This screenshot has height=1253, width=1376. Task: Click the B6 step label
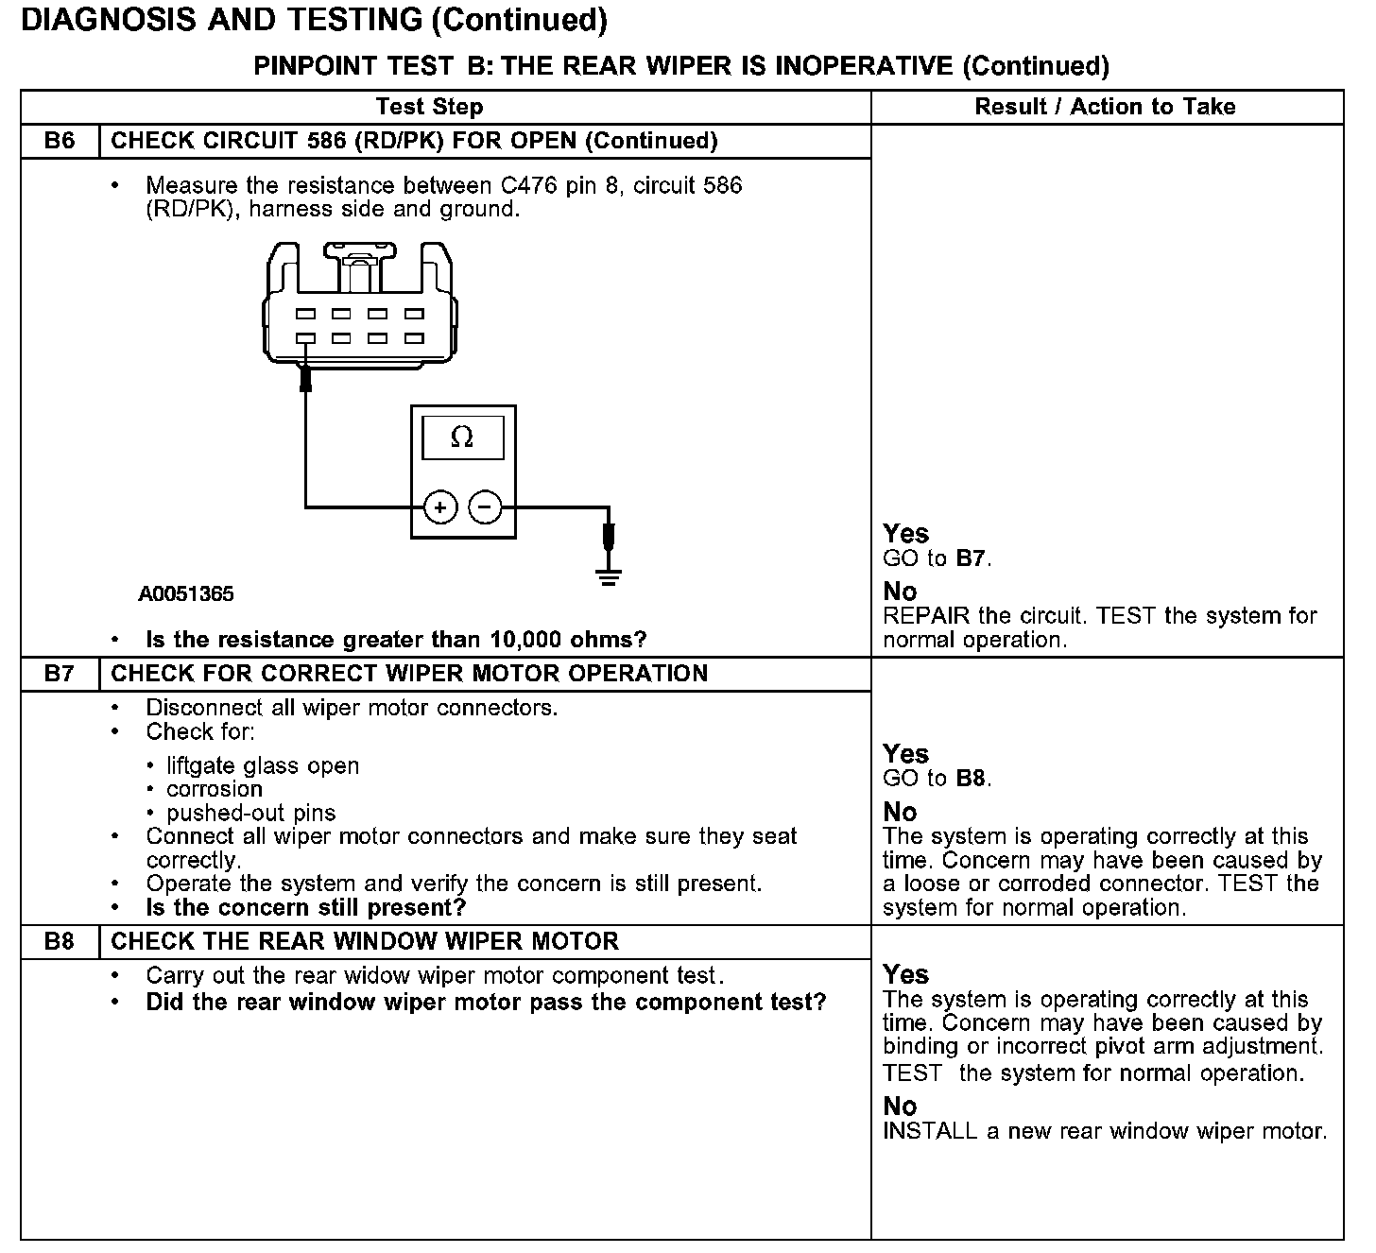click(x=60, y=141)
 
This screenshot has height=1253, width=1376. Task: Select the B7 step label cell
click(x=60, y=674)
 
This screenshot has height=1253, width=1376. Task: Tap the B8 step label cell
click(x=60, y=941)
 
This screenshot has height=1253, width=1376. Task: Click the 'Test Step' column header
click(x=429, y=107)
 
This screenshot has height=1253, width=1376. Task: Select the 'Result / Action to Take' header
click(x=1105, y=107)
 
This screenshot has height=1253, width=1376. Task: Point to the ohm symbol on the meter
click(x=462, y=437)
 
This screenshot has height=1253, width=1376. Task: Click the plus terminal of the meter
click(x=440, y=507)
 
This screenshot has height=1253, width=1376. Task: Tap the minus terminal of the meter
click(x=486, y=507)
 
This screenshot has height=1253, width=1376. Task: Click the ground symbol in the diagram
click(x=610, y=575)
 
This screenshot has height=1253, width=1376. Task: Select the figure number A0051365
click(x=186, y=594)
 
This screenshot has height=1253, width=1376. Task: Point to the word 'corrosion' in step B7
click(x=215, y=789)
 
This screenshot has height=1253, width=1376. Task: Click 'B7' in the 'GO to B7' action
click(x=972, y=558)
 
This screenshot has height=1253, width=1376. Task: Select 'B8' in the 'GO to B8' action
click(x=972, y=779)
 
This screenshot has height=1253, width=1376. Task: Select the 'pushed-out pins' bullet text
click(x=250, y=813)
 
